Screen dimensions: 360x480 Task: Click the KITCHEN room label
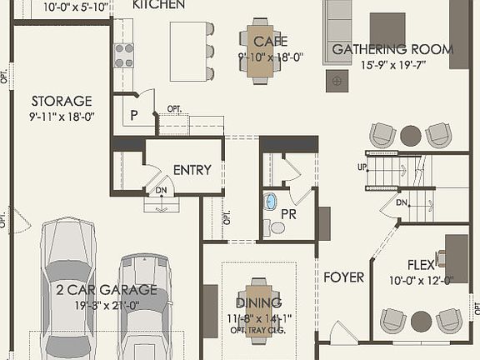[158, 5]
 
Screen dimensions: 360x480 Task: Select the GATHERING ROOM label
[392, 50]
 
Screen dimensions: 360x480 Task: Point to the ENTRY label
[192, 170]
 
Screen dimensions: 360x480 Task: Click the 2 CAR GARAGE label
[106, 290]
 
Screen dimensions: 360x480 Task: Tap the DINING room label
[258, 302]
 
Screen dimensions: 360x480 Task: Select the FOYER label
[343, 277]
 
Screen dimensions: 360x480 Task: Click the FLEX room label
[421, 266]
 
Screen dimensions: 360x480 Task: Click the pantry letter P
[133, 116]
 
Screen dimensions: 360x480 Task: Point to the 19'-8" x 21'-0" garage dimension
[106, 305]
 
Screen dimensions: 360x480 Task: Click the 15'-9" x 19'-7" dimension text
[392, 65]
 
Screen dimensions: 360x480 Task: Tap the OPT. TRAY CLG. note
[258, 330]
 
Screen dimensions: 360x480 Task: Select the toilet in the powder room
[275, 227]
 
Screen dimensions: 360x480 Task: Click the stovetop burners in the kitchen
[123, 55]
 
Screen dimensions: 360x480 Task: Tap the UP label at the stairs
[362, 167]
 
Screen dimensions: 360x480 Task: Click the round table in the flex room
[422, 320]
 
